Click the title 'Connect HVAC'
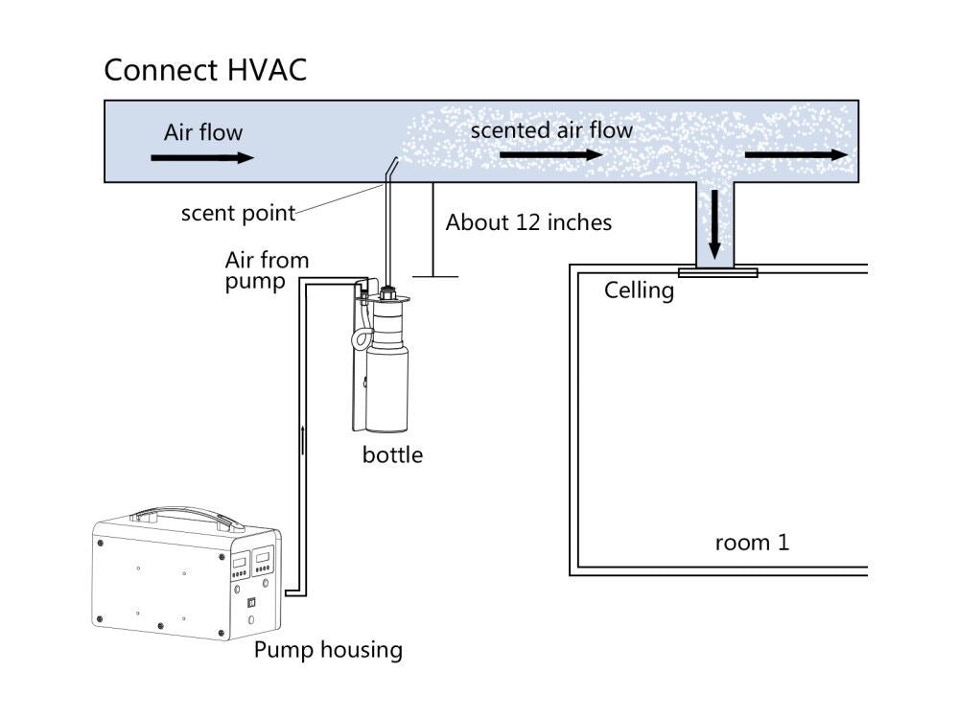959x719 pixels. [x=205, y=70]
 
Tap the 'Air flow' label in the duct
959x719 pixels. [x=203, y=132]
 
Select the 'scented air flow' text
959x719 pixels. [x=551, y=129]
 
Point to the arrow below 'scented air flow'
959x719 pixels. [x=550, y=155]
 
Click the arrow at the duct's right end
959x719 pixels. [x=796, y=154]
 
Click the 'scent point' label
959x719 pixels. [x=239, y=213]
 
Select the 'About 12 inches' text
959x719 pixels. [x=528, y=222]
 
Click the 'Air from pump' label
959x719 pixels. [x=267, y=270]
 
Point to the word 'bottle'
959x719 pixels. [x=392, y=454]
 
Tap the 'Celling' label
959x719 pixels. [x=639, y=290]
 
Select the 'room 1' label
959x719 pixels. [x=752, y=543]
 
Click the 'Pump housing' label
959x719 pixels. [x=328, y=650]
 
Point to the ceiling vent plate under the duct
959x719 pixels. [x=717, y=272]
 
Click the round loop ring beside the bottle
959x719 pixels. [x=363, y=336]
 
